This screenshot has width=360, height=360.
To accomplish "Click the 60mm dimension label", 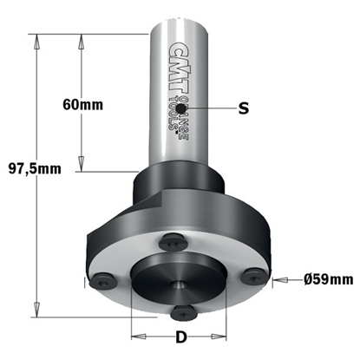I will [x=82, y=105].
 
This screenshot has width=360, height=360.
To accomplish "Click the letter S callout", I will [x=244, y=108].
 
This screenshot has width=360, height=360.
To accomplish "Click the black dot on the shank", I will [x=182, y=108].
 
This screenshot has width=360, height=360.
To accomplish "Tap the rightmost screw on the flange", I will [x=254, y=275].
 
